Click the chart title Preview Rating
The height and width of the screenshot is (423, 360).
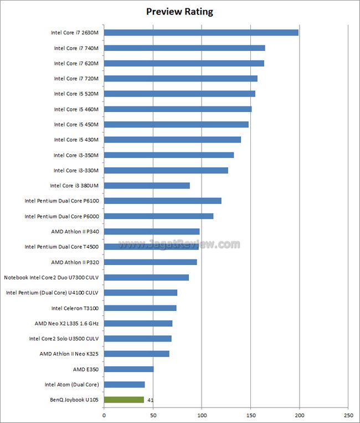click(x=179, y=11)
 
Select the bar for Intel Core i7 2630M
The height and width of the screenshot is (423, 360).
click(x=201, y=33)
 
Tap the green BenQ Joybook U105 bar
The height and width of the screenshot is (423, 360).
click(x=124, y=399)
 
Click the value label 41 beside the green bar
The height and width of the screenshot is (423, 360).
click(x=151, y=399)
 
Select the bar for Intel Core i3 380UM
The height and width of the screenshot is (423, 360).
click(x=147, y=185)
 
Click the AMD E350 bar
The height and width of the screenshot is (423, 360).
click(x=128, y=369)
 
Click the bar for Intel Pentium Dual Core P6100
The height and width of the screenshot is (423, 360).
click(x=163, y=201)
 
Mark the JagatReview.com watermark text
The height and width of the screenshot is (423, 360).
click(x=180, y=244)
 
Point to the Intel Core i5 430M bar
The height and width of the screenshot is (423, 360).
click(x=172, y=140)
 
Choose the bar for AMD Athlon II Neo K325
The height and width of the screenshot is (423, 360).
click(x=137, y=354)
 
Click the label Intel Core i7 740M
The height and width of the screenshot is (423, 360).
click(x=76, y=48)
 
